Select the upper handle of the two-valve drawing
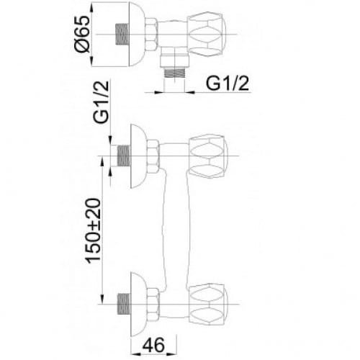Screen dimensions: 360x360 (x=211, y=153)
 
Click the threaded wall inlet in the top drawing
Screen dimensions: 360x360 (x=122, y=34)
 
